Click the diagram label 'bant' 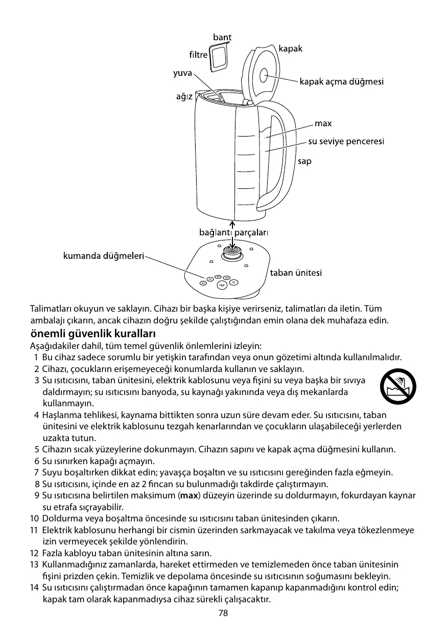(222, 37)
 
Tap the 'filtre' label (199, 54)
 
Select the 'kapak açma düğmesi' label (341, 81)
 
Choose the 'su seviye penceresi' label (346, 141)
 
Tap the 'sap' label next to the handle (304, 161)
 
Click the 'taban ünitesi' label (296, 273)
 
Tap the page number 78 (223, 613)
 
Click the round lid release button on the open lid (266, 76)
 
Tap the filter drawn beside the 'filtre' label (219, 56)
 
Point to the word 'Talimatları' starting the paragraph (51, 310)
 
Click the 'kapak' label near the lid (290, 49)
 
